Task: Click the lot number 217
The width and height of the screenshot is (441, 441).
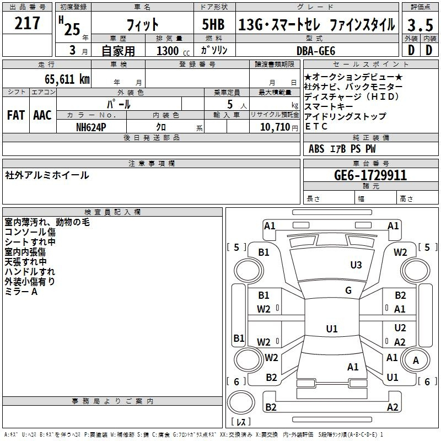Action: pyautogui.click(x=28, y=24)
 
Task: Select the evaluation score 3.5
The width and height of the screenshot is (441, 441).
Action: pyautogui.click(x=419, y=25)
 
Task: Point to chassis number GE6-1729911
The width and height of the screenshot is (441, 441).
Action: pyautogui.click(x=370, y=176)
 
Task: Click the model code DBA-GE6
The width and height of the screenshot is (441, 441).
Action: pyautogui.click(x=315, y=50)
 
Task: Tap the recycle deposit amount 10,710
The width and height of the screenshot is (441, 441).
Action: pyautogui.click(x=275, y=126)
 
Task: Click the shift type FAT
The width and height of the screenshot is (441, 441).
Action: pyautogui.click(x=16, y=115)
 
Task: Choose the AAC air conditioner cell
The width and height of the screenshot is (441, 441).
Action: pyautogui.click(x=42, y=115)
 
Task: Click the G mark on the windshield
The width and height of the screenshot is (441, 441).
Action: pyautogui.click(x=348, y=291)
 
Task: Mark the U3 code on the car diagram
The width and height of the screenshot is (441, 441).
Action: pyautogui.click(x=356, y=265)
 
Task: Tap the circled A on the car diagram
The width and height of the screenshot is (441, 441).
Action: pyautogui.click(x=416, y=361)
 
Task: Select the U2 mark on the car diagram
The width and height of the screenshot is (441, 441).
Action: pyautogui.click(x=400, y=328)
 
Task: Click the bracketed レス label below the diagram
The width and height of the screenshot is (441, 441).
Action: pyautogui.click(x=241, y=422)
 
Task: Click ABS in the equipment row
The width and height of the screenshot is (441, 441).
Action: pyautogui.click(x=316, y=148)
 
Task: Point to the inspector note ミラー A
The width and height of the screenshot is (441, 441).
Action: pyautogui.click(x=21, y=292)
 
